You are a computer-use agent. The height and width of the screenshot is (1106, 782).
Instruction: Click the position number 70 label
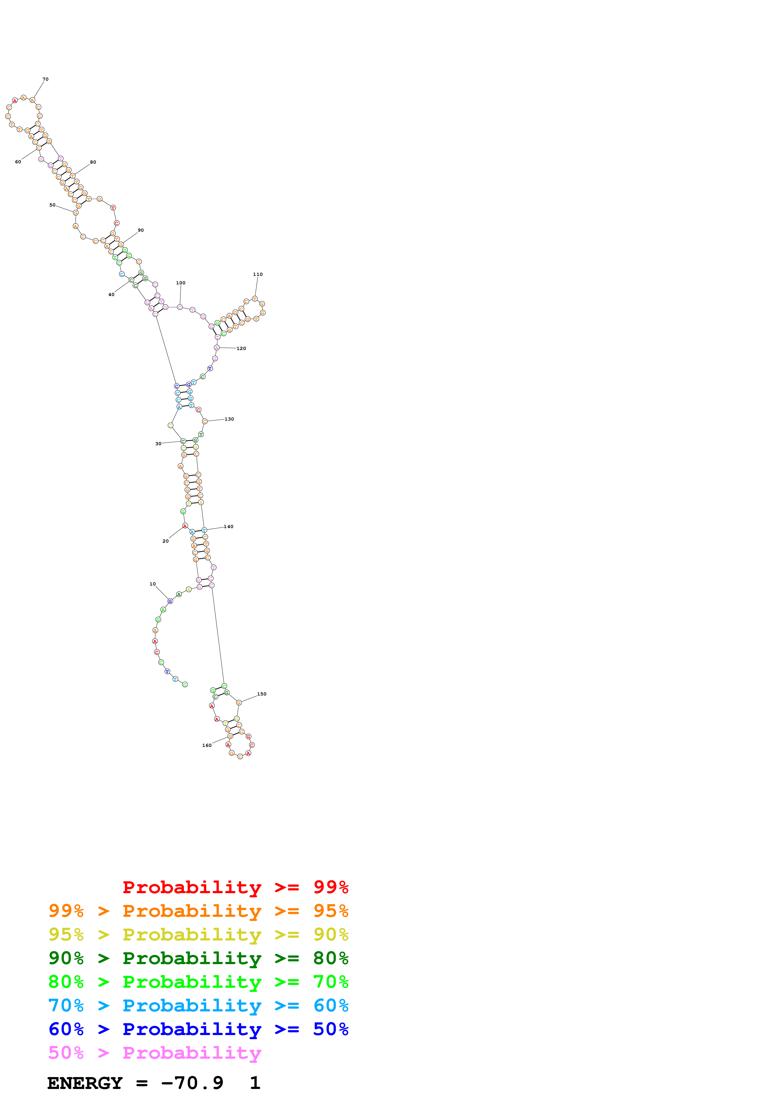click(x=45, y=79)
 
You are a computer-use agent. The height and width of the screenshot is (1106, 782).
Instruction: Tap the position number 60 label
click(x=18, y=162)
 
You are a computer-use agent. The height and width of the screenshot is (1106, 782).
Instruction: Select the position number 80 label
click(x=93, y=162)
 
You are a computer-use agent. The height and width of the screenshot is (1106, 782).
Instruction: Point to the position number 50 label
click(x=52, y=205)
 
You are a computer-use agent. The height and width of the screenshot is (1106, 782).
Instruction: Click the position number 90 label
click(x=141, y=230)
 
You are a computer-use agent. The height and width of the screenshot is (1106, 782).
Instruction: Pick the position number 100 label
click(x=181, y=283)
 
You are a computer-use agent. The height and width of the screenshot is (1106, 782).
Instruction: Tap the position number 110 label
click(x=258, y=275)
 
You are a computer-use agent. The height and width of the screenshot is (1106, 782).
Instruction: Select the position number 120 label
click(x=241, y=349)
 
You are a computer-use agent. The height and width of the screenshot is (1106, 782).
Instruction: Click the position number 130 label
click(x=229, y=419)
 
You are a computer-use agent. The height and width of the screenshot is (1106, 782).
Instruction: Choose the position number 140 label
click(x=228, y=527)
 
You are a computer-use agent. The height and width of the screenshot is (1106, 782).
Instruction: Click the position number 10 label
click(x=152, y=584)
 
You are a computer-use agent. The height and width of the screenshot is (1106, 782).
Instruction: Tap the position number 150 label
click(x=262, y=694)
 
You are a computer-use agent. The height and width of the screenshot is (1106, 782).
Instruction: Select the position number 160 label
click(x=207, y=746)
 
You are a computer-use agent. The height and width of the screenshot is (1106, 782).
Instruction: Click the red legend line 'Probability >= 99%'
click(x=235, y=887)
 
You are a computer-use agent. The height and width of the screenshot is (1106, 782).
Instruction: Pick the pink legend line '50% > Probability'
click(x=154, y=1053)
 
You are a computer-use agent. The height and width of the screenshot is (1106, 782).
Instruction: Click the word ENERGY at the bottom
click(x=85, y=1083)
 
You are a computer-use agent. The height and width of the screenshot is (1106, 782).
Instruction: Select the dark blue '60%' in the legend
click(x=66, y=1029)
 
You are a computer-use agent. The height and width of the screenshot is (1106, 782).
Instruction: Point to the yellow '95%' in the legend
click(x=66, y=934)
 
